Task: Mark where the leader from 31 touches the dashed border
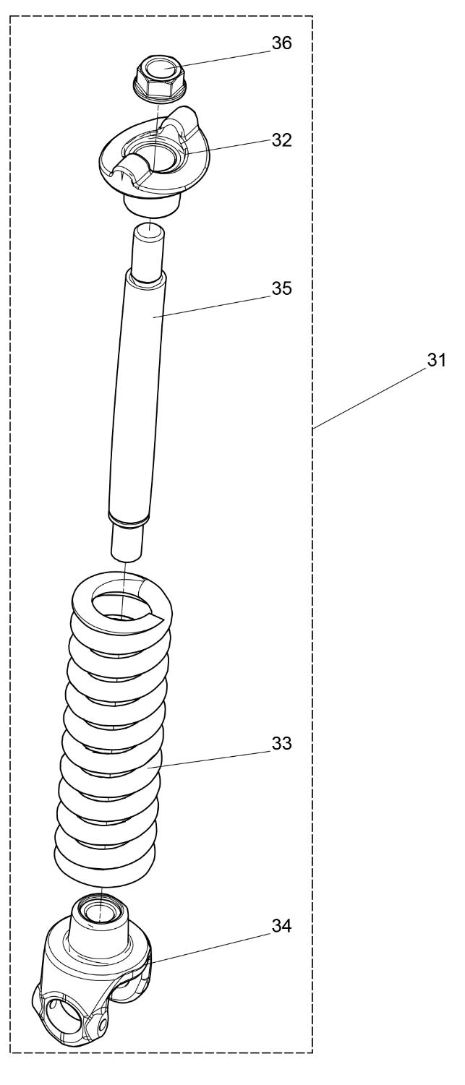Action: [x=313, y=428]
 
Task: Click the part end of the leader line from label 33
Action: [x=148, y=768]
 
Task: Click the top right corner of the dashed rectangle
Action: [x=312, y=16]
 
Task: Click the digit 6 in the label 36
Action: [x=287, y=43]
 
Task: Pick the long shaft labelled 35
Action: [x=137, y=393]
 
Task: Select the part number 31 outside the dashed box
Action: [x=436, y=360]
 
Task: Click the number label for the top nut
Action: [x=281, y=43]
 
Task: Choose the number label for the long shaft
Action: [x=281, y=288]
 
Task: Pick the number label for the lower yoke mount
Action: [x=281, y=926]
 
